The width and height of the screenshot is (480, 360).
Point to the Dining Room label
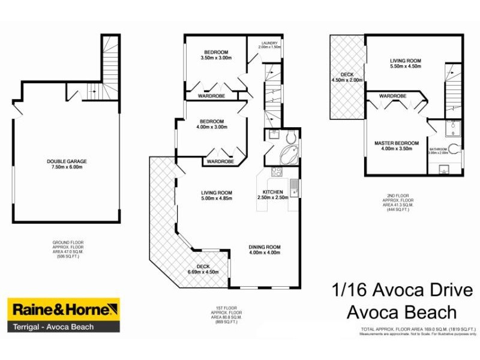(265, 250)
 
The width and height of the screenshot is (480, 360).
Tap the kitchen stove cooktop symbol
(277, 173)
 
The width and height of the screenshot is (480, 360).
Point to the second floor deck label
(347, 77)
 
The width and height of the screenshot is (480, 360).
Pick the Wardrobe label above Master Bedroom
(393, 96)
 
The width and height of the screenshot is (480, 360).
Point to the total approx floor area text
(418, 329)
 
